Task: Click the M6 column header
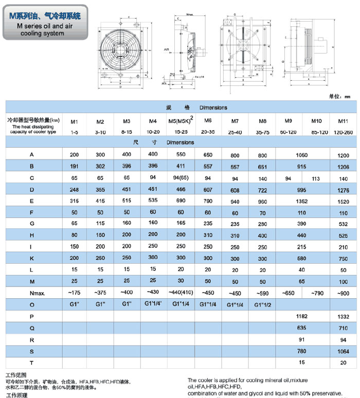[x=208, y=121]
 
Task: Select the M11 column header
[x=342, y=121]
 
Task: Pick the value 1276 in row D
[x=342, y=190]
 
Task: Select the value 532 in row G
[x=342, y=224]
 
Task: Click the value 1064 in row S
[x=342, y=352]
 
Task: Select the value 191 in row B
[x=74, y=167]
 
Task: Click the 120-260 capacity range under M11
[x=342, y=132]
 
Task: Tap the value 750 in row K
[x=342, y=258]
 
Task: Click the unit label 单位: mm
[x=339, y=96]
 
